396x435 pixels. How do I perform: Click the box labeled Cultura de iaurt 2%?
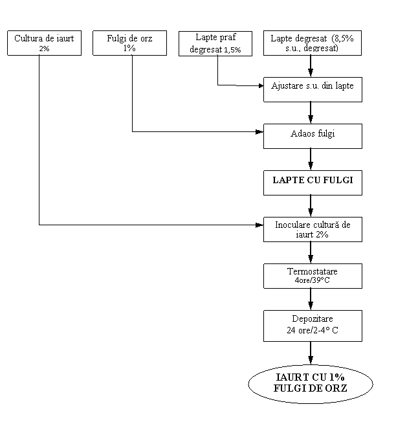pos(45,43)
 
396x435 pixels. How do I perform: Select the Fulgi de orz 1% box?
pos(130,43)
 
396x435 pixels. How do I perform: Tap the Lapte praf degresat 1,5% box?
pos(215,43)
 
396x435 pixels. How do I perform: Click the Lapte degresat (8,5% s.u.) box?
pos(313,43)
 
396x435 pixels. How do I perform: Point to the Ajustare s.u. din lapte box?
pos(313,89)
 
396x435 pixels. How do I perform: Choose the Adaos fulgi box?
pos(313,136)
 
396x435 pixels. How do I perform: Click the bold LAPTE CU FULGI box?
pos(313,183)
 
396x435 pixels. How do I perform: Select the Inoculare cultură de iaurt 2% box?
pos(313,229)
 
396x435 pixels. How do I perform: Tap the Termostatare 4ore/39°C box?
pos(313,276)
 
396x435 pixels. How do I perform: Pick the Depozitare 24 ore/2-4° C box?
pos(313,326)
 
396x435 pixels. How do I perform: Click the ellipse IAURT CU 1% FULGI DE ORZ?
pos(311,384)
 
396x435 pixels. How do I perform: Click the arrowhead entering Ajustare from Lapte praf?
pos(261,85)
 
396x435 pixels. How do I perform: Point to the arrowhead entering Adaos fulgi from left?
pos(259,132)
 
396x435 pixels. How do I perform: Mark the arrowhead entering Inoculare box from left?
pos(259,225)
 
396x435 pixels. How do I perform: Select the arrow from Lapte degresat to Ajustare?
pos(311,66)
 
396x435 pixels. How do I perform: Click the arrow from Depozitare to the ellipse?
pos(311,353)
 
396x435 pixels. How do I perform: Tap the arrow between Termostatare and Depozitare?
pos(311,299)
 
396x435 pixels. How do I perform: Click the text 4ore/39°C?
pos(313,280)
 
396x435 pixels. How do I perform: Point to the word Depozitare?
pos(313,318)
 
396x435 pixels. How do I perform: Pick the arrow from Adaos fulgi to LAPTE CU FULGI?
pos(311,159)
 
